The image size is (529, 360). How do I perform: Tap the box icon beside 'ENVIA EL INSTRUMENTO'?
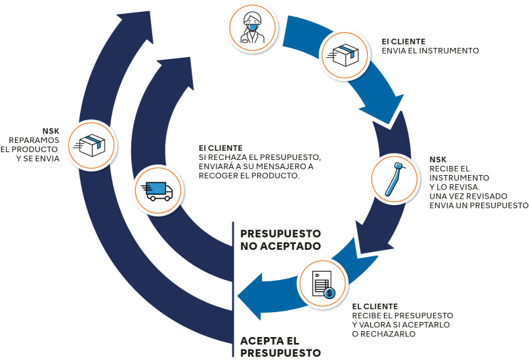coord(344,56)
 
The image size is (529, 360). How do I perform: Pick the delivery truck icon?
coord(156,189)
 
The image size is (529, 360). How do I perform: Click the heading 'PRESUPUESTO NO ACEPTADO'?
coord(280,239)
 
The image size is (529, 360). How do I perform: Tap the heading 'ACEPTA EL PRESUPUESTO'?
coord(280,347)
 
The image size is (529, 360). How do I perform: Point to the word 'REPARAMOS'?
coord(39,140)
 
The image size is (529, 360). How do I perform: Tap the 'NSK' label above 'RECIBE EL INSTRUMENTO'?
coord(437,159)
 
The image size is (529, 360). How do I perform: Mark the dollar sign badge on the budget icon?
coord(330,292)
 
